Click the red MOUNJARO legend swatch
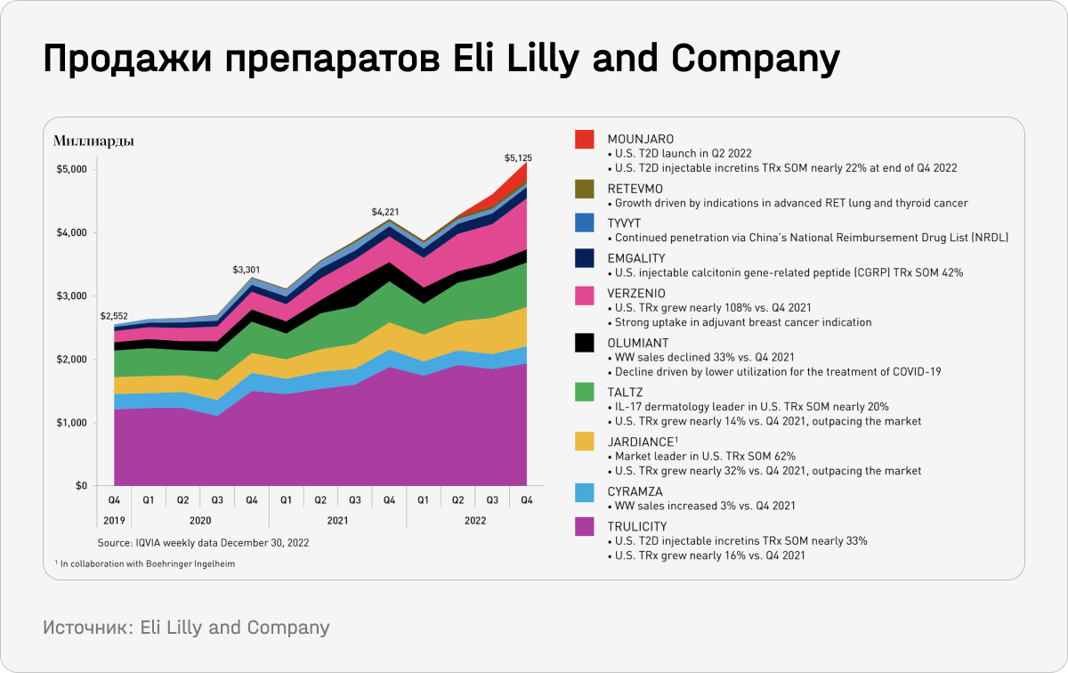pyautogui.click(x=584, y=140)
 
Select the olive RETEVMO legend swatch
pyautogui.click(x=584, y=189)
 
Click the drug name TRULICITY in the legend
pyautogui.click(x=636, y=526)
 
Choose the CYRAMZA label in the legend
pyautogui.click(x=635, y=491)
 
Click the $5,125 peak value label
pyautogui.click(x=518, y=158)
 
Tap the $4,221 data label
pyautogui.click(x=384, y=212)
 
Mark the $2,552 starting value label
pyautogui.click(x=115, y=316)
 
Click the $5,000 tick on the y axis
pyautogui.click(x=71, y=169)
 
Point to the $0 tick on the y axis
pyautogui.click(x=81, y=486)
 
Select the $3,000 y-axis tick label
pyautogui.click(x=71, y=296)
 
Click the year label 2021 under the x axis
pyautogui.click(x=337, y=520)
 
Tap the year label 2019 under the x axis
pyautogui.click(x=114, y=520)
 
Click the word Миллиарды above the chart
pyautogui.click(x=93, y=141)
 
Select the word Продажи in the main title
pyautogui.click(x=125, y=60)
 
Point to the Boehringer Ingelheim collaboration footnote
pyautogui.click(x=144, y=564)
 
